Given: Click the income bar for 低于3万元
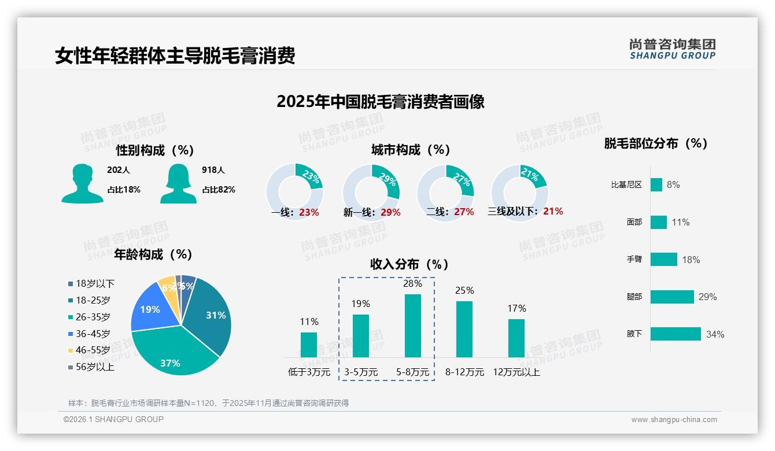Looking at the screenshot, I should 309,345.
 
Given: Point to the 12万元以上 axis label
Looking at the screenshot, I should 516,372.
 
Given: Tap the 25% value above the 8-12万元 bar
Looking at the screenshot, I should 464,290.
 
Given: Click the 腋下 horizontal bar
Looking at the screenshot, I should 676,334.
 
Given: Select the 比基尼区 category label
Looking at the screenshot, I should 626,185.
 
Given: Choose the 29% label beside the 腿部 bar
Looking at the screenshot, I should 707,297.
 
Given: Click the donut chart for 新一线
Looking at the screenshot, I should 371,191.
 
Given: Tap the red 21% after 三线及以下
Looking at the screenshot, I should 553,211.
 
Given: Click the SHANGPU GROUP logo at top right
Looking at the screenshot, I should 673,49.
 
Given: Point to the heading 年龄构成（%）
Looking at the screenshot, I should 153,254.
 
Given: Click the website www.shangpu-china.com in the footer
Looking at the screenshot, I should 674,420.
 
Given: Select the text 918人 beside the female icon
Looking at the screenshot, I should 213,170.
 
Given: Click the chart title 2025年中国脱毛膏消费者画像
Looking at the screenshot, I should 380,102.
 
